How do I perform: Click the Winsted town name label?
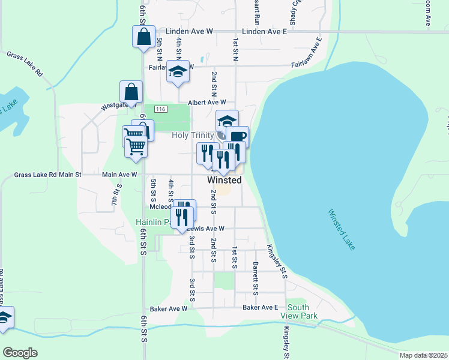(224, 180)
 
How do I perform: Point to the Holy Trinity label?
(193, 136)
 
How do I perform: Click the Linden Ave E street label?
(265, 31)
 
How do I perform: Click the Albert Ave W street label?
(207, 103)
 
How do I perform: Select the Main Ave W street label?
(119, 175)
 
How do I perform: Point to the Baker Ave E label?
(261, 307)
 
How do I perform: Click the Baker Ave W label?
(169, 308)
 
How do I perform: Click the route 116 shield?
(160, 109)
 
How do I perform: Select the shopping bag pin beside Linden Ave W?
(144, 37)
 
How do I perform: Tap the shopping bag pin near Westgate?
(131, 92)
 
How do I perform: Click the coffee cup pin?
(237, 136)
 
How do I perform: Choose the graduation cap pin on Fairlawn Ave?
(178, 71)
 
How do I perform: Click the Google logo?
(20, 353)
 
